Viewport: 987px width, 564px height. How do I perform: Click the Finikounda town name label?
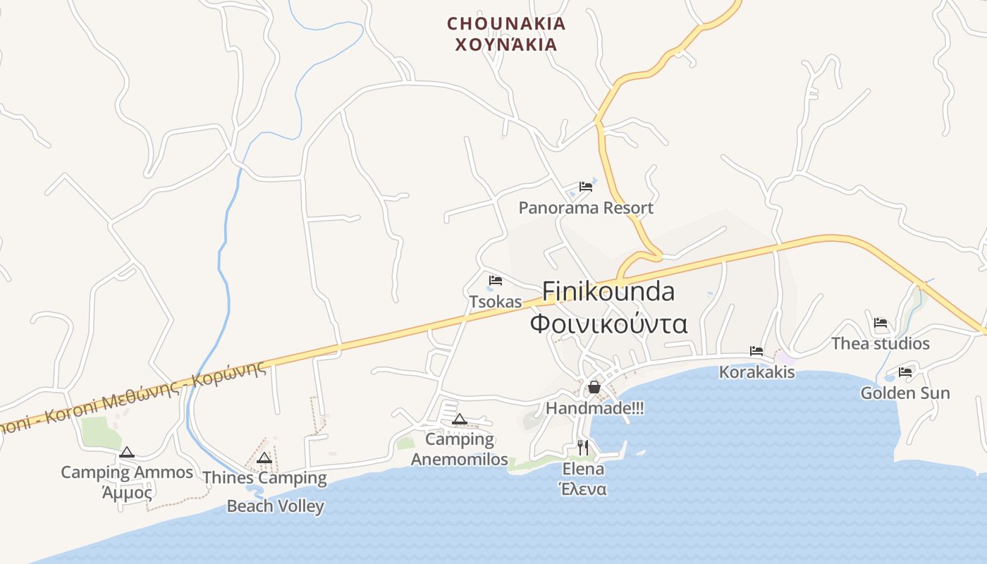click(x=608, y=291)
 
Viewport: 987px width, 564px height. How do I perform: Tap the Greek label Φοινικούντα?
click(x=608, y=324)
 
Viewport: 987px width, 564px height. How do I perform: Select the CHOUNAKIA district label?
click(x=506, y=23)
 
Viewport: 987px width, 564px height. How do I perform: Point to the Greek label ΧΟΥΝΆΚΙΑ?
click(x=506, y=45)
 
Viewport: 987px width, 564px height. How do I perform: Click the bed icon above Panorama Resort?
click(x=586, y=187)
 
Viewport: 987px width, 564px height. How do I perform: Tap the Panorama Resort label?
click(x=586, y=208)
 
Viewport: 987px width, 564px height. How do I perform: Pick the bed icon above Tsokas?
click(x=496, y=281)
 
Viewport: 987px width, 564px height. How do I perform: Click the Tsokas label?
click(x=496, y=302)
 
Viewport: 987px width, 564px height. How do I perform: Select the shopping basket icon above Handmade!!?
click(x=594, y=387)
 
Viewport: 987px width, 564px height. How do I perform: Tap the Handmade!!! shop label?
click(x=594, y=408)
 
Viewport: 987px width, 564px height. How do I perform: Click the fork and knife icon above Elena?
click(x=582, y=448)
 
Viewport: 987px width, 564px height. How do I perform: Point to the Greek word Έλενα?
click(x=582, y=489)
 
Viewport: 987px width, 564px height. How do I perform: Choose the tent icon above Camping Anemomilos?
click(x=460, y=419)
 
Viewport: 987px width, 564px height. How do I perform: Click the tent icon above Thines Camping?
click(x=264, y=458)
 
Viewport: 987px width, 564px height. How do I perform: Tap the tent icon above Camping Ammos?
click(x=127, y=452)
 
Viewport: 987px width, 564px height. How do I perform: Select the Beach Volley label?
click(x=275, y=506)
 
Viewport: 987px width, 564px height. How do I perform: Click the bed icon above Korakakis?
click(x=756, y=350)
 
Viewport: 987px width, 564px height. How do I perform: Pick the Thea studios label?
click(x=881, y=344)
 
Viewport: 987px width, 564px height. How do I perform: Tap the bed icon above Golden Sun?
click(x=905, y=372)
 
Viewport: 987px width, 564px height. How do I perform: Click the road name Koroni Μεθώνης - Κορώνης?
click(x=134, y=398)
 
